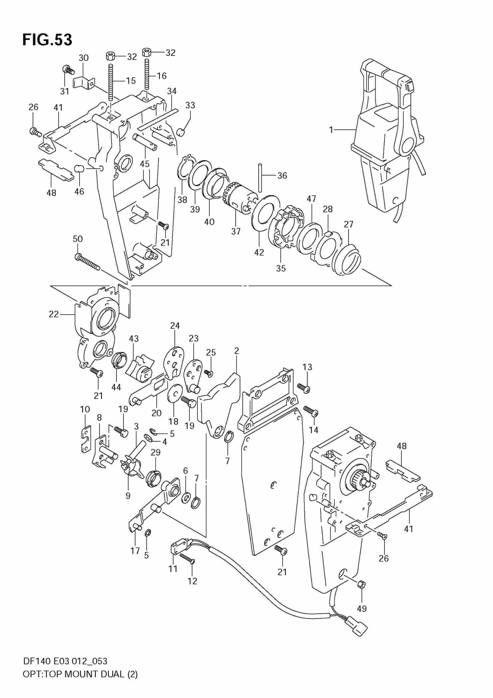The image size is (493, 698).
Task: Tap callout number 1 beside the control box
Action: click(x=331, y=130)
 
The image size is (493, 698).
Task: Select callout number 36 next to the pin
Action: click(x=282, y=175)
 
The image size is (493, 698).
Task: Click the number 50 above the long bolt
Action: click(x=78, y=239)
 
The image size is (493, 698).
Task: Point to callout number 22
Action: click(x=54, y=314)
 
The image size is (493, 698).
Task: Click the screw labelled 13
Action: click(x=304, y=387)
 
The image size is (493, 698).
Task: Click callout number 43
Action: click(x=133, y=339)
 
